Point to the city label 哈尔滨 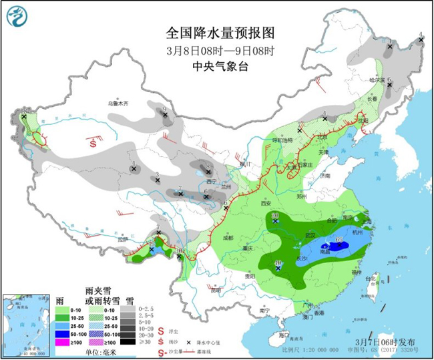pos(378,79)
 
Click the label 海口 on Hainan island pos(284,333)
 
